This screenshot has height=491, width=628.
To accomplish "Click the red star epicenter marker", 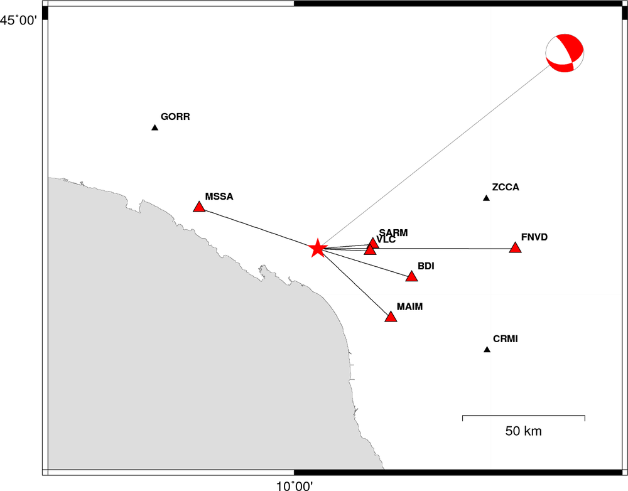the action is coord(317,248).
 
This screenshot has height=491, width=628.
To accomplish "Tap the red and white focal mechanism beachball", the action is coord(565,53).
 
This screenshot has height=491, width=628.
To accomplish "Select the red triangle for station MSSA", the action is coord(199,207).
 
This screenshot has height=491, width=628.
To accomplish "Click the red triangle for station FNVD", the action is coord(516,247).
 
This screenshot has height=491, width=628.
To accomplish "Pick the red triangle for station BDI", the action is coord(412,276).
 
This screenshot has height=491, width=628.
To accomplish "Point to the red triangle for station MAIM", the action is coord(391,317).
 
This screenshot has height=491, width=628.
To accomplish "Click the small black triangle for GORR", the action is coord(155,127).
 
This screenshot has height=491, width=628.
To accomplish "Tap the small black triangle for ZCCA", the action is coord(486,198).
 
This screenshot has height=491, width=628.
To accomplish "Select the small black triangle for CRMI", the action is coord(487,349).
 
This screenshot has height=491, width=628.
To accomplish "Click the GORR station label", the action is coord(175,117).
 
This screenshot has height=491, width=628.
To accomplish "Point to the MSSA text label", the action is coord(219,197).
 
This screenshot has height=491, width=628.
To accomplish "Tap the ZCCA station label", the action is coord(506,187).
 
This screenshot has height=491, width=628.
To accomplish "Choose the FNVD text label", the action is coord(534,237).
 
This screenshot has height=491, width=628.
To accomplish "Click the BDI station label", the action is coord(426,266).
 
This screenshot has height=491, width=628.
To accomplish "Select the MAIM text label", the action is coord(409,307).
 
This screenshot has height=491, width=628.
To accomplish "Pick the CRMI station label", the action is coord(506,339).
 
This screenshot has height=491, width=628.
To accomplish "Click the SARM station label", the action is coord(393,233).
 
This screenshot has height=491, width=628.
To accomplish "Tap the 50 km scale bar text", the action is coord(524,431).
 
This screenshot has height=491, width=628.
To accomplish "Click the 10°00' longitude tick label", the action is coord(295,486).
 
